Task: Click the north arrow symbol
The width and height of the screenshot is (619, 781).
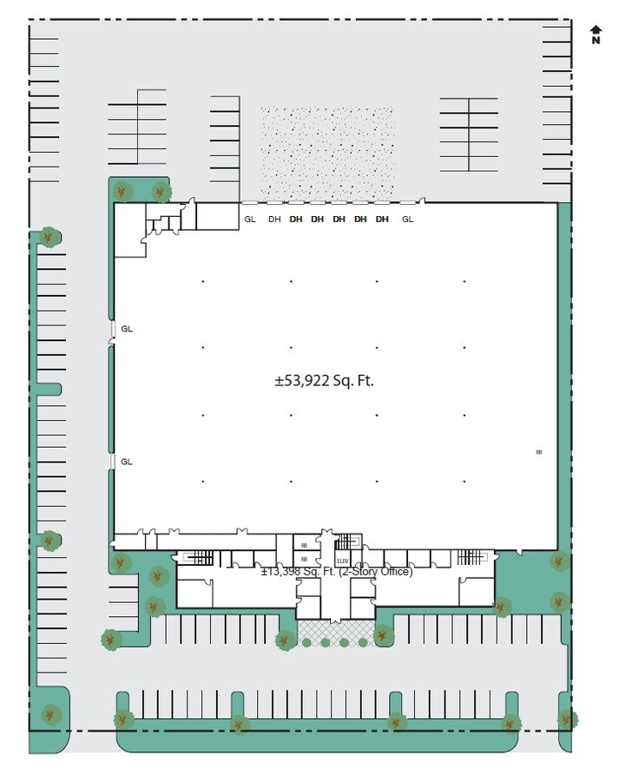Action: [596, 30]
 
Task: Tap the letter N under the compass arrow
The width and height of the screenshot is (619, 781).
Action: [596, 40]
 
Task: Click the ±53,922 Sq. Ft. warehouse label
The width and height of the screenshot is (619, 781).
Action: [324, 380]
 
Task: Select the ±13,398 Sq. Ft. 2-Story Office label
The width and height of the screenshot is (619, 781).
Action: [337, 571]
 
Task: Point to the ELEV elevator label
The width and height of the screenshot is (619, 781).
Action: [342, 561]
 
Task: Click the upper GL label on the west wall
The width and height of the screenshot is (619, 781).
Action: [127, 329]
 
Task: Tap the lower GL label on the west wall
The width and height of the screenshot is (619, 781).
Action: [127, 462]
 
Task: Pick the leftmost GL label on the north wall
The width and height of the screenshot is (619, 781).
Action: [250, 220]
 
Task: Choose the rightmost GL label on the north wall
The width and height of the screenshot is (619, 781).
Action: [408, 220]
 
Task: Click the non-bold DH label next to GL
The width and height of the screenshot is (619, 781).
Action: [274, 220]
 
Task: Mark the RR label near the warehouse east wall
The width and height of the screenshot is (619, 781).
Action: [539, 452]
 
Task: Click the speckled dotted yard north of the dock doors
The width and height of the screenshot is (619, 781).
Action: [327, 152]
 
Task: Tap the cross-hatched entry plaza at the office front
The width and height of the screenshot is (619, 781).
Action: [335, 627]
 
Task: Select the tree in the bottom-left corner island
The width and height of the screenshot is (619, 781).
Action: [50, 714]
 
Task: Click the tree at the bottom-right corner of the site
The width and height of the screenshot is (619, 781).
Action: [567, 719]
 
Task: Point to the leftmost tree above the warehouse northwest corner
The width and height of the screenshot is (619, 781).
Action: [123, 191]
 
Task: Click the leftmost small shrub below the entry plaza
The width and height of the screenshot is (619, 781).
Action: [306, 643]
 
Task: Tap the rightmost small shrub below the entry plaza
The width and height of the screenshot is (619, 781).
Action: [363, 643]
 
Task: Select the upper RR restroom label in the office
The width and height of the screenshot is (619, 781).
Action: [304, 545]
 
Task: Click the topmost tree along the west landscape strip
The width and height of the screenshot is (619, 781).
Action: [50, 236]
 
